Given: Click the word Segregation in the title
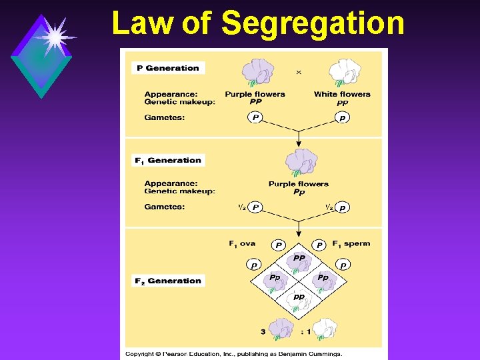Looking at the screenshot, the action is pos(313,23).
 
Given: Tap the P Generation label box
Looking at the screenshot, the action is pos(168,68).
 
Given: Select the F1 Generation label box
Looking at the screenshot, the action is pos(167,160).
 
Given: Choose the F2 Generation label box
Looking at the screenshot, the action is pos(168,281).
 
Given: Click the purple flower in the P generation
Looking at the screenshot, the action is pos(257,72).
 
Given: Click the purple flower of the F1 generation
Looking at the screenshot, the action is pos(301,162).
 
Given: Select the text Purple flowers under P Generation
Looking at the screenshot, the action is pos(255,94).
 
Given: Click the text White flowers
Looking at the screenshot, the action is pos(342,94).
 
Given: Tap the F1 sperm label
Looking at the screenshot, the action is pos(351,243).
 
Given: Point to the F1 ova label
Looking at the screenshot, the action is pos(242,243).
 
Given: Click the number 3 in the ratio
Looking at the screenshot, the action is pos(264,331).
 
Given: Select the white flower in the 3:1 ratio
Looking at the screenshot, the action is pos(325,327).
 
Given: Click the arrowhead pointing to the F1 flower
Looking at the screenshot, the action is pos(299,143).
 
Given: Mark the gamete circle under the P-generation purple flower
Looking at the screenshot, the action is pos(255,118).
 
